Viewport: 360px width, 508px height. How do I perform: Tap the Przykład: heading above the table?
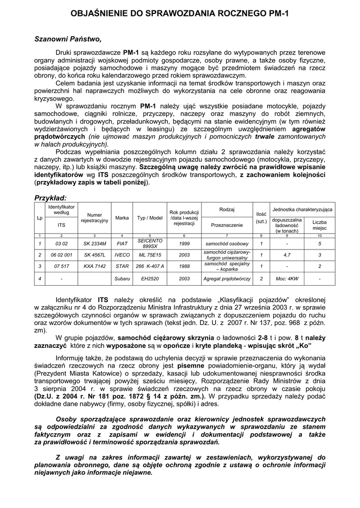(x=50, y=198)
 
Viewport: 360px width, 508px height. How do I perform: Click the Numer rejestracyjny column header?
(x=94, y=217)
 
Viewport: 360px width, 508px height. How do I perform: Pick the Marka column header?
(x=122, y=217)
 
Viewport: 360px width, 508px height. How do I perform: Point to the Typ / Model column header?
(x=150, y=217)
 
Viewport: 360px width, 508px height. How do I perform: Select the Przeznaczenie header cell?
(x=226, y=225)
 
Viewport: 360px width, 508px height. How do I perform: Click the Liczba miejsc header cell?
(x=319, y=225)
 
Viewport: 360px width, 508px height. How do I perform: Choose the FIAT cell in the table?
(x=122, y=244)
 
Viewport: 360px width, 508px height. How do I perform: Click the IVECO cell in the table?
(x=122, y=254)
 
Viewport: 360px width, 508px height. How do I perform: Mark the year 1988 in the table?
(x=184, y=266)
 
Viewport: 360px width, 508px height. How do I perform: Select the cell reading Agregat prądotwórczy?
(x=226, y=279)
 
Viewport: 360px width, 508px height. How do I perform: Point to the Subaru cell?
(x=122, y=279)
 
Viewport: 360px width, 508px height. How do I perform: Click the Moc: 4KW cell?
(x=287, y=279)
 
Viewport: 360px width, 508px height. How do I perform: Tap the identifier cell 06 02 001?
(x=62, y=254)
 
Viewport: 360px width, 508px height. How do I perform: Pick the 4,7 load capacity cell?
(x=287, y=254)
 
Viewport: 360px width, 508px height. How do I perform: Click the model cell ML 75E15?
(x=150, y=254)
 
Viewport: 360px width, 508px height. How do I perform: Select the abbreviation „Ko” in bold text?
(x=302, y=344)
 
